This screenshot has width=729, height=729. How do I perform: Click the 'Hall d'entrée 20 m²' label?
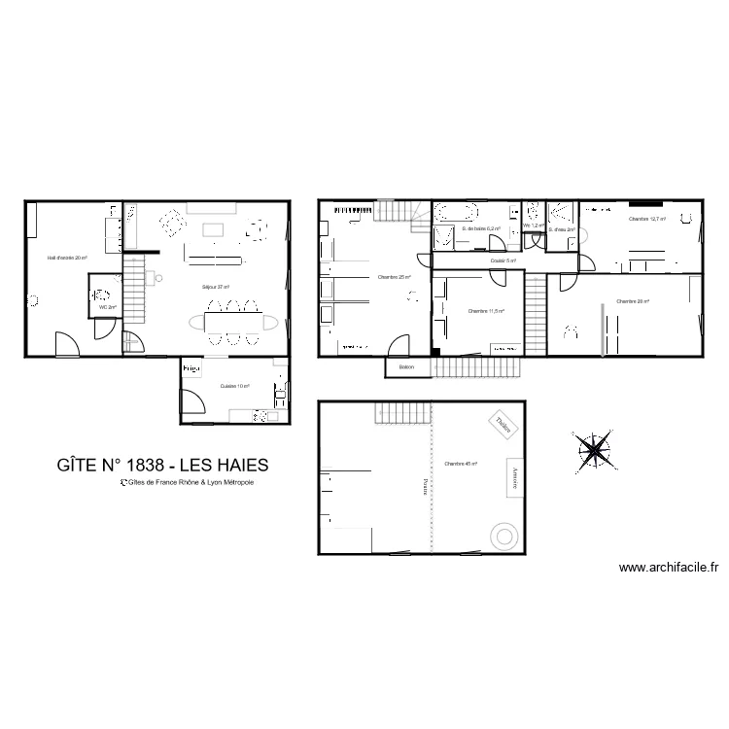[x=69, y=259]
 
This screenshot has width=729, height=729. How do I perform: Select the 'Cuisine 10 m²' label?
[x=235, y=386]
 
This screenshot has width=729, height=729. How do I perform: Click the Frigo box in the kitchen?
[x=191, y=368]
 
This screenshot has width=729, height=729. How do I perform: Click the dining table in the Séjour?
[x=232, y=321]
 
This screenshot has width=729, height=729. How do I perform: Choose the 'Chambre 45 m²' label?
[x=460, y=465]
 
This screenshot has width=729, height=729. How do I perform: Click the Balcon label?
[x=406, y=367]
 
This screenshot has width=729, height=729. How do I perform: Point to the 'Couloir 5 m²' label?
[x=503, y=260]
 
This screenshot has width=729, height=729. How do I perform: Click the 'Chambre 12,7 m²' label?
[x=647, y=220]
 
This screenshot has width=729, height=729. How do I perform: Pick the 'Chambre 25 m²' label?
[x=393, y=277]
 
